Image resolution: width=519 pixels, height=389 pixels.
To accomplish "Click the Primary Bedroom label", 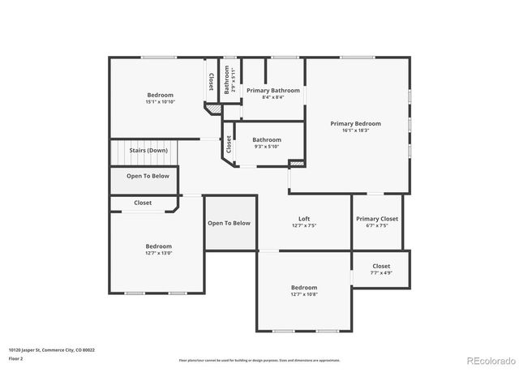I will pos(355,124).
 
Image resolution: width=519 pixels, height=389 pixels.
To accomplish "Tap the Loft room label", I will pos(304,218).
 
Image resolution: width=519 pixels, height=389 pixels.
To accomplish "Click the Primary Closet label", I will pos(377,218).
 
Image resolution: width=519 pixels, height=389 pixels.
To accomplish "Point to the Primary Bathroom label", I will pos(272,90).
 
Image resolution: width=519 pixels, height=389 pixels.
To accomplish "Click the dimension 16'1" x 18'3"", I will pos(355,130).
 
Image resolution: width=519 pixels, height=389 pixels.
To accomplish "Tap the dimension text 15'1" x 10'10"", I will pos(160,102).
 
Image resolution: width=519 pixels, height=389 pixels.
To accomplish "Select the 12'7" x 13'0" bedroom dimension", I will pos(159,253).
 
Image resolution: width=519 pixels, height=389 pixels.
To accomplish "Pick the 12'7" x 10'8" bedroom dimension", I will pos(304,294).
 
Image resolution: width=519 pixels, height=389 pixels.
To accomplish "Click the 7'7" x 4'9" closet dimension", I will pos(381,273).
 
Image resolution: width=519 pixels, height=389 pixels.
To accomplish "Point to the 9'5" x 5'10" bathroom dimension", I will pos(266,146).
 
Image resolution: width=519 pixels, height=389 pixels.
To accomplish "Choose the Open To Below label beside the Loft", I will pos(229,223).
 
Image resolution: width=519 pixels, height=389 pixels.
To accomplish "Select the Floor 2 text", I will pos(16,357).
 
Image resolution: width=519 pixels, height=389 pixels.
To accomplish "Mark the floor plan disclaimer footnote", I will pos(259,360).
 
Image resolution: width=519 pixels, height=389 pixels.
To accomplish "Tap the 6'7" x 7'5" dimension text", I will pos(377,225).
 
